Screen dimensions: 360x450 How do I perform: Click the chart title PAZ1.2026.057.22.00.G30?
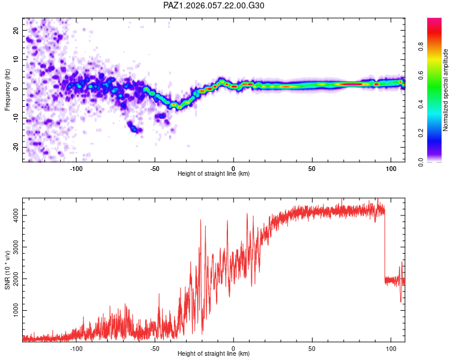pos(214,5)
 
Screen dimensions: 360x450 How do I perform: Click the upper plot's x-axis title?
pos(214,174)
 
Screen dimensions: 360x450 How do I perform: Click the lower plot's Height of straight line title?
pos(214,354)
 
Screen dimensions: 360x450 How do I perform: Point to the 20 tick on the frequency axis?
pos(16,30)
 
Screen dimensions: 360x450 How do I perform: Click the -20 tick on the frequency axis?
pos(14,147)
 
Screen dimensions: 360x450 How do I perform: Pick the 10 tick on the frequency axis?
pos(16,59)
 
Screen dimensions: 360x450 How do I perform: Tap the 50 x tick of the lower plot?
pos(312,347)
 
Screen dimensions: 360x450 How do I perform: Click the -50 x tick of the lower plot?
pos(155,347)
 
